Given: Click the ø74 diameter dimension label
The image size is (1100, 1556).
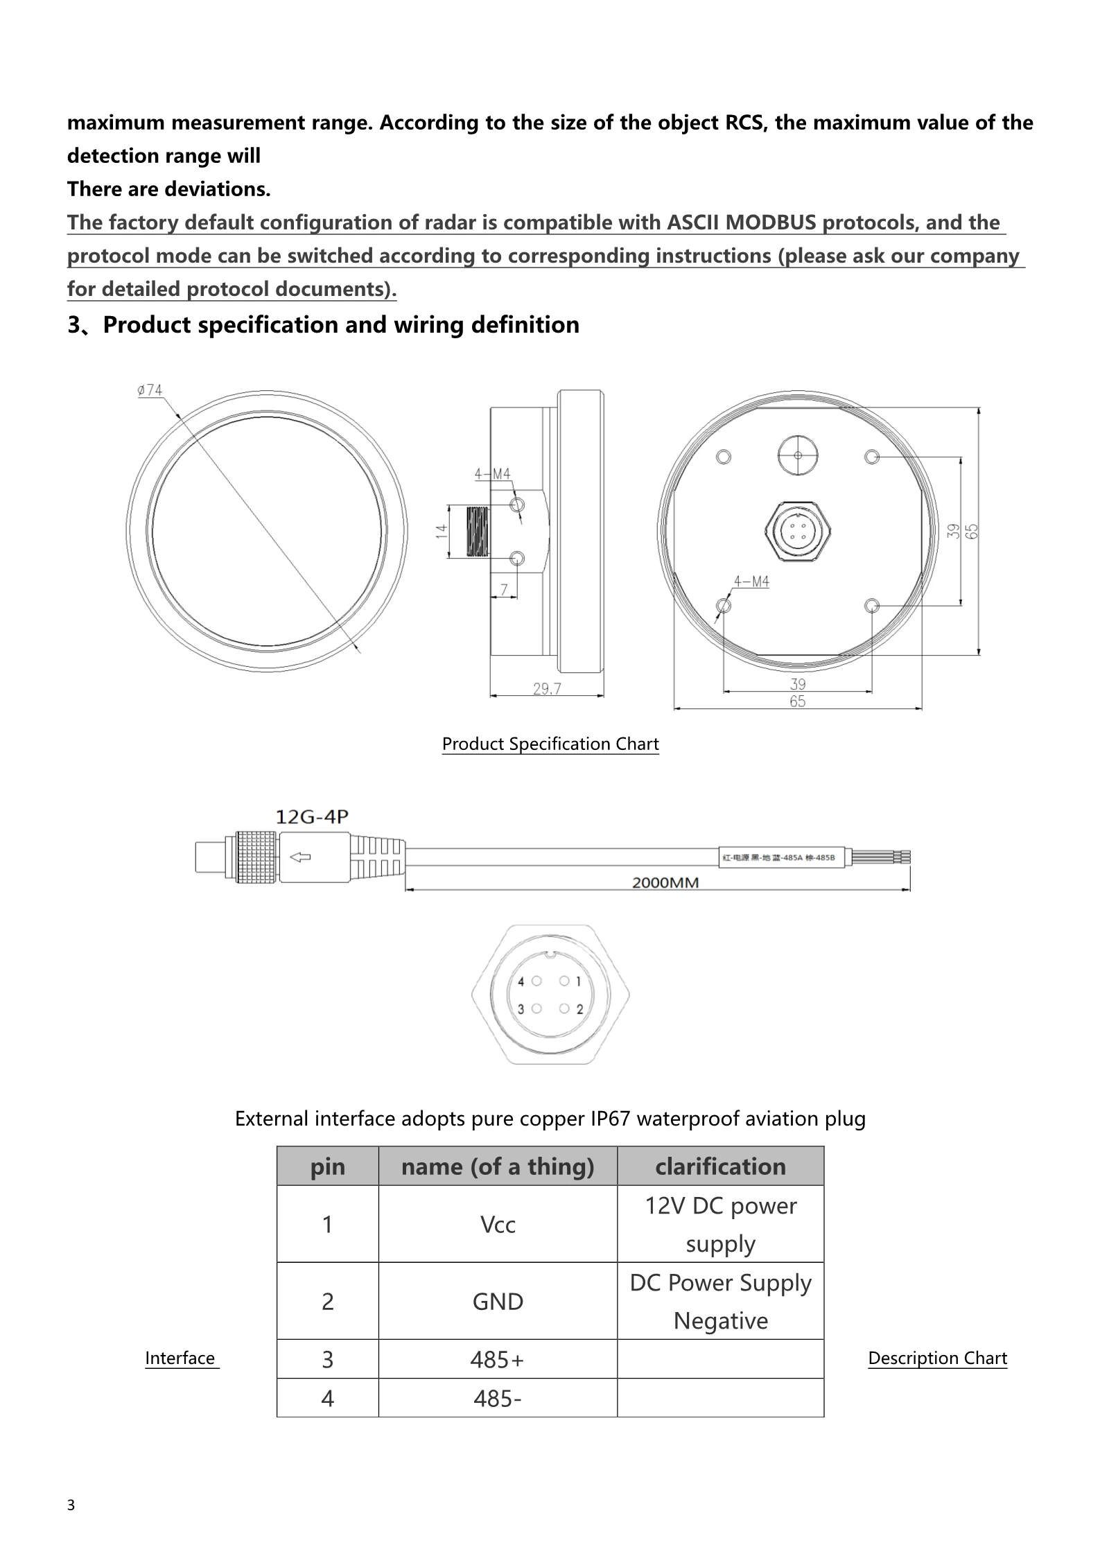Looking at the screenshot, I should [150, 391].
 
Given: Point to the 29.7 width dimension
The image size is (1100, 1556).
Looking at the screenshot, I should [547, 688].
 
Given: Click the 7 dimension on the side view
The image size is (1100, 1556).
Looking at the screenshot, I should [505, 589].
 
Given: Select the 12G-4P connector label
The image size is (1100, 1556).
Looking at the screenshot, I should [312, 817].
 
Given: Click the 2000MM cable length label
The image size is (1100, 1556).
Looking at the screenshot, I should [665, 882].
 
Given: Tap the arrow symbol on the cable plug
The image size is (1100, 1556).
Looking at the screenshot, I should [300, 857].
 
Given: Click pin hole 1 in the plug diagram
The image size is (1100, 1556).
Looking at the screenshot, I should [565, 981].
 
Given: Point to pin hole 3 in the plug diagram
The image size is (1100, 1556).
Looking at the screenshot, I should [536, 1009].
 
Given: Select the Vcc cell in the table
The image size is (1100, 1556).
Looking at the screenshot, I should [498, 1225].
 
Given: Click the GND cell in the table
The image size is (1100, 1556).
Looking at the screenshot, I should [498, 1302].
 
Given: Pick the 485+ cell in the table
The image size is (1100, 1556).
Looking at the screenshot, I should [498, 1360].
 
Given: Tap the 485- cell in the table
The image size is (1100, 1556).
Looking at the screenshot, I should [498, 1399].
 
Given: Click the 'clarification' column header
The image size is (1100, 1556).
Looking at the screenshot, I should [720, 1166].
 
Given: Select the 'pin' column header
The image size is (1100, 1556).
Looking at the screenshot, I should [327, 1166].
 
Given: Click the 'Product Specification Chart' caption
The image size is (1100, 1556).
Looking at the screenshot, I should [550, 744].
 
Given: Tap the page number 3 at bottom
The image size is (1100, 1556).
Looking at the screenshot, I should [71, 1505].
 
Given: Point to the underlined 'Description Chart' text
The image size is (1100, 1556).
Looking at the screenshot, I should [937, 1358].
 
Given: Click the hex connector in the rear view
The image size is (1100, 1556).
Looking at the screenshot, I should [798, 532].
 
